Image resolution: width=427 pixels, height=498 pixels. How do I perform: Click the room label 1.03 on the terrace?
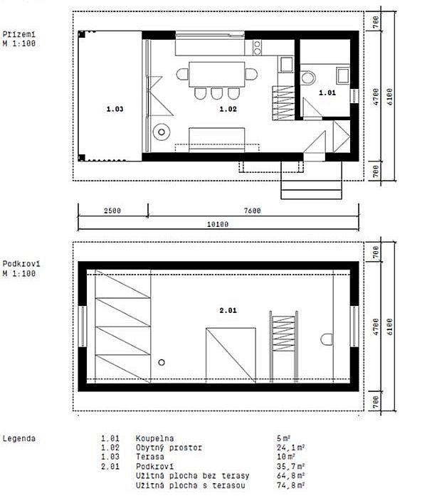(115, 109)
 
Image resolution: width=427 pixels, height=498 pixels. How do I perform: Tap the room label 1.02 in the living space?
(228, 109)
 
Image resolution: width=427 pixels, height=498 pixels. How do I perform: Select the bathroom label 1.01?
(327, 92)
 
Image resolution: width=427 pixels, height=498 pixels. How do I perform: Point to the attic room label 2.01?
(228, 310)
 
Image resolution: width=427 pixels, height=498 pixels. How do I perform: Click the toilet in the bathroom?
(307, 78)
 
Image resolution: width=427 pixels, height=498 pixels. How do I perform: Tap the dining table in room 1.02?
(216, 74)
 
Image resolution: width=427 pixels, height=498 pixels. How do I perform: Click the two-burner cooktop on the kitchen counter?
(257, 48)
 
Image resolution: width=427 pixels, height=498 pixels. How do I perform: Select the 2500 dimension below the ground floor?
(112, 211)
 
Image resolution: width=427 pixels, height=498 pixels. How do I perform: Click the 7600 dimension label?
(252, 211)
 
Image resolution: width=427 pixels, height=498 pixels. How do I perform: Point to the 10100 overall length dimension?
(218, 224)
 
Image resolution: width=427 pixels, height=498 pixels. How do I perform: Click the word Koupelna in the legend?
(154, 439)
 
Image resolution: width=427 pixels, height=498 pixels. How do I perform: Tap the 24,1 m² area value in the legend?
(290, 447)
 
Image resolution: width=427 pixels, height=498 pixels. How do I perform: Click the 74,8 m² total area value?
(290, 485)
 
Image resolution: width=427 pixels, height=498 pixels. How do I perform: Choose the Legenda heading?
(19, 439)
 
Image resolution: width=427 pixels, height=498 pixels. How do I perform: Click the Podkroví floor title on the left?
(21, 264)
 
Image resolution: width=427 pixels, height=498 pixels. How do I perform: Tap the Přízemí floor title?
(19, 34)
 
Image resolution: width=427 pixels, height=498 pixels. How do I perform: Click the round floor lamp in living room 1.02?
(162, 132)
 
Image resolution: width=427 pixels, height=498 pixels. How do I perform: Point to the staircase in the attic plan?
(283, 347)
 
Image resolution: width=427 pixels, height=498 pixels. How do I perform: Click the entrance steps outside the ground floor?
(312, 181)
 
